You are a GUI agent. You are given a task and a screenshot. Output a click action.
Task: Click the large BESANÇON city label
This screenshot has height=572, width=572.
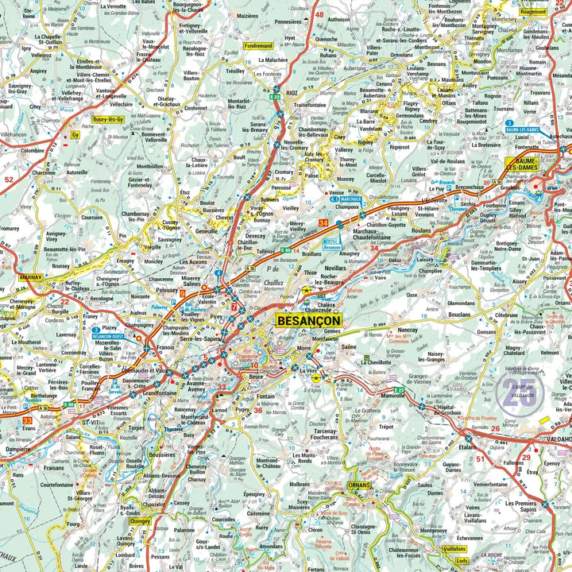point(309,320)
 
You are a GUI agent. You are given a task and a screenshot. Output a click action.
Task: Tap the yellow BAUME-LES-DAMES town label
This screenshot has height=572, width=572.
point(523,164)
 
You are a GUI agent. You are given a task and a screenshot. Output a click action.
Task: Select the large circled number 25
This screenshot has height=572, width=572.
point(520,393)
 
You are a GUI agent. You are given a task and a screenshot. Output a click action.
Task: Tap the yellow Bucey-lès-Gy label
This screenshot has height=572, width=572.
point(108,119)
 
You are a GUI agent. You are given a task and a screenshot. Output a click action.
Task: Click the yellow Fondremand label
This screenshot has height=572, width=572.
point(258,46)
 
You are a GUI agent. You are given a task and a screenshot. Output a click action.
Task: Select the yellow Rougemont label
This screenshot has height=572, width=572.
point(555,12)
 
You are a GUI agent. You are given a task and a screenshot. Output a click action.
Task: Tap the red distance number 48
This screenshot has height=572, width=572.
point(319,14)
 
